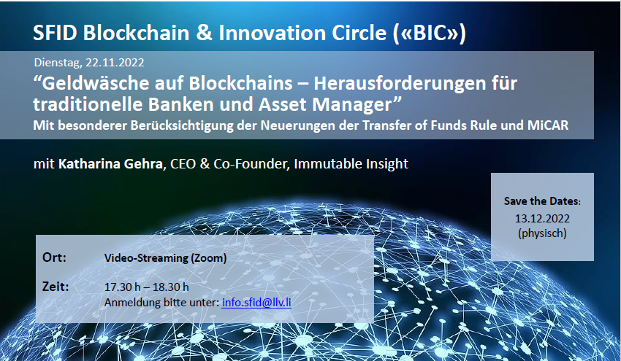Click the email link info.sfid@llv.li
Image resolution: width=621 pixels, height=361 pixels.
(256, 303)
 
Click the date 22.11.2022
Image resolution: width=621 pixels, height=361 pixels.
(115, 63)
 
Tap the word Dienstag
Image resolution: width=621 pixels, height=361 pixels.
(58, 63)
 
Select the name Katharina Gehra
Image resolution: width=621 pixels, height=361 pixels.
(110, 163)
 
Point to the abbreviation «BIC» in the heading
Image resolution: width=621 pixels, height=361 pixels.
(430, 32)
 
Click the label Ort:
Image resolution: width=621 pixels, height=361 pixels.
(54, 257)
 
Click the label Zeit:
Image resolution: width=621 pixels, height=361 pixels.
(56, 287)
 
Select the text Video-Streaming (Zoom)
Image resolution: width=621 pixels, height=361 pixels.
(166, 258)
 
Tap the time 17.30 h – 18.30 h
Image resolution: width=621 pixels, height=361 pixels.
(147, 287)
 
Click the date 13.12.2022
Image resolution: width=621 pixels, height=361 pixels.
(542, 218)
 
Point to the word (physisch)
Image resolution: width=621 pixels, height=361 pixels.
(542, 233)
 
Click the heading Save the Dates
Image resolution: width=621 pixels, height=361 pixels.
(542, 201)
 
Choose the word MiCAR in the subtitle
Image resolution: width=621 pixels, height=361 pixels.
(548, 125)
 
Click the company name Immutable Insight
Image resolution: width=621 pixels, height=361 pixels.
(351, 163)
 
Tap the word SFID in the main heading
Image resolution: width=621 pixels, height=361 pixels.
(55, 32)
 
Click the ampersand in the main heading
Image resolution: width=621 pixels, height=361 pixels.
(204, 32)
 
